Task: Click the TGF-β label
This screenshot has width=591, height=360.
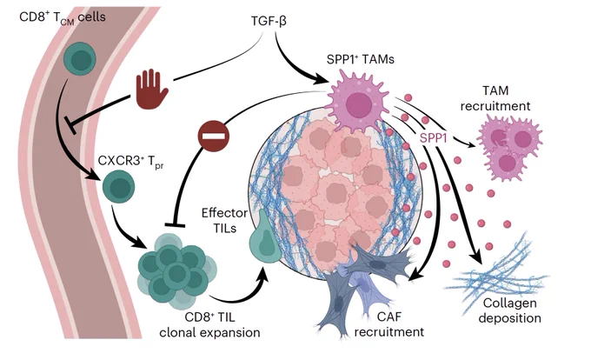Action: point(269,21)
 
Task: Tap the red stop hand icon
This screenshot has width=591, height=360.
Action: point(151,89)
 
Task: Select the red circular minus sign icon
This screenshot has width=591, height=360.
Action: point(213,136)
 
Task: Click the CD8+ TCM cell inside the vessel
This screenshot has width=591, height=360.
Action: point(80,59)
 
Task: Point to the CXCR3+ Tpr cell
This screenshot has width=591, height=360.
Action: point(118,187)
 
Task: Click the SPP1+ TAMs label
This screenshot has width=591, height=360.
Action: point(361,59)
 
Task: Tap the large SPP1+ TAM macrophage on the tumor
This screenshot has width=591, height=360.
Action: point(358,101)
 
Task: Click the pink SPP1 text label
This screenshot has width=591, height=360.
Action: point(434,138)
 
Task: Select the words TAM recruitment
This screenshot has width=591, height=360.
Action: point(495,98)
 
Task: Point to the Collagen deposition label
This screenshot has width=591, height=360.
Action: point(509,310)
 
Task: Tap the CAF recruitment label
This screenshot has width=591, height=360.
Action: point(389,324)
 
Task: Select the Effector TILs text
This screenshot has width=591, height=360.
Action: point(224,221)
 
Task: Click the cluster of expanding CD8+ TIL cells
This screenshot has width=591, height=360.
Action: point(176,270)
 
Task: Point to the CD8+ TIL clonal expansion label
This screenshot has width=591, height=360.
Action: point(209,324)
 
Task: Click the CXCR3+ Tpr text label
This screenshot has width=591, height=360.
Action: point(130,162)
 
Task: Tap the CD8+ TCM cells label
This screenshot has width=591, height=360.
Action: point(63,17)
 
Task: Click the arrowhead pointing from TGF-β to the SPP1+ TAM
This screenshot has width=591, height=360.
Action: point(320,79)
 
